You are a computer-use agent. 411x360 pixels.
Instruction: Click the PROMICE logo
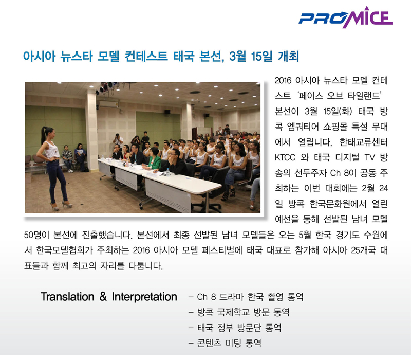345,17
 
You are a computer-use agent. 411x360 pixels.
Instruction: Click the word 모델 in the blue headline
108,56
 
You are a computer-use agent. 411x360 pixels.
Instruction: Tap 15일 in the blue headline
261,56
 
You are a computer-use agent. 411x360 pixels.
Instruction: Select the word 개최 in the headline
288,56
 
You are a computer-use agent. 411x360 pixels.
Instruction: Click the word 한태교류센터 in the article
363,142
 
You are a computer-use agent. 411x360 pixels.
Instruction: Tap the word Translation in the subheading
67,297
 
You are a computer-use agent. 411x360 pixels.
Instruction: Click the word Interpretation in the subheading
144,297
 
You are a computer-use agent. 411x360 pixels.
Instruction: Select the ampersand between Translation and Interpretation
103,297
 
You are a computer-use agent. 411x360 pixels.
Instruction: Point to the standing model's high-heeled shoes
62,205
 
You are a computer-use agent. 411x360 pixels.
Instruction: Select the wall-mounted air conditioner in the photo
108,104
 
